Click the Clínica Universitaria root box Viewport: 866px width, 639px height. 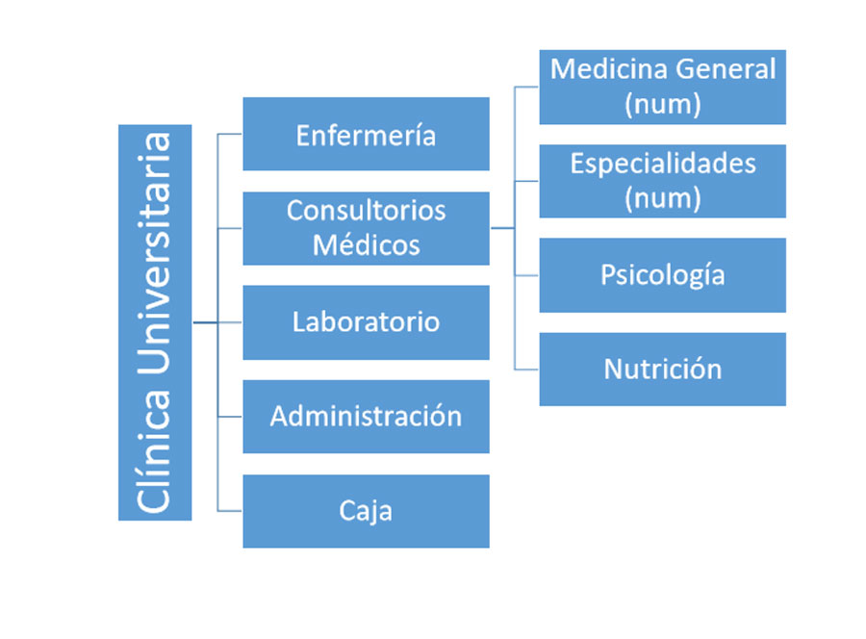pyautogui.click(x=155, y=322)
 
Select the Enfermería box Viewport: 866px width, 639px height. pyautogui.click(x=367, y=134)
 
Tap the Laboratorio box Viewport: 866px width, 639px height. pyautogui.click(x=367, y=322)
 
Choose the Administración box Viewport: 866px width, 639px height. pyautogui.click(x=367, y=417)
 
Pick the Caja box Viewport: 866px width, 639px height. pyautogui.click(x=367, y=511)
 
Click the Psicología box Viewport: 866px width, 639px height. pyautogui.click(x=663, y=275)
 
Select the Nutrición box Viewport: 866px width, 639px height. pyautogui.click(x=663, y=369)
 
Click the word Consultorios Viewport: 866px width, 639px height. pyautogui.click(x=367, y=211)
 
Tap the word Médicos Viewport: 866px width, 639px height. pyautogui.click(x=367, y=244)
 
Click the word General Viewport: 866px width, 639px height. pyautogui.click(x=726, y=69)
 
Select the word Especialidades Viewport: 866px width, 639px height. pyautogui.click(x=663, y=164)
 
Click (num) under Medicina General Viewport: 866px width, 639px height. pyautogui.click(x=663, y=104)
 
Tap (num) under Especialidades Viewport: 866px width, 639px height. pyautogui.click(x=663, y=198)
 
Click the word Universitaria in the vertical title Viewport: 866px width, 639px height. pyautogui.click(x=155, y=253)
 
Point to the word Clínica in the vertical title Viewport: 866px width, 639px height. pyautogui.click(x=155, y=451)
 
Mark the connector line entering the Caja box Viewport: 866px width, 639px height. pyautogui.click(x=230, y=511)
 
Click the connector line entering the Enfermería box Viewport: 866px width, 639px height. pyautogui.click(x=230, y=134)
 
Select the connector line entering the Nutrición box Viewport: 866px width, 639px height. pyautogui.click(x=527, y=369)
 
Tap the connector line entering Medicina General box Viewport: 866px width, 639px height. pyautogui.click(x=527, y=87)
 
